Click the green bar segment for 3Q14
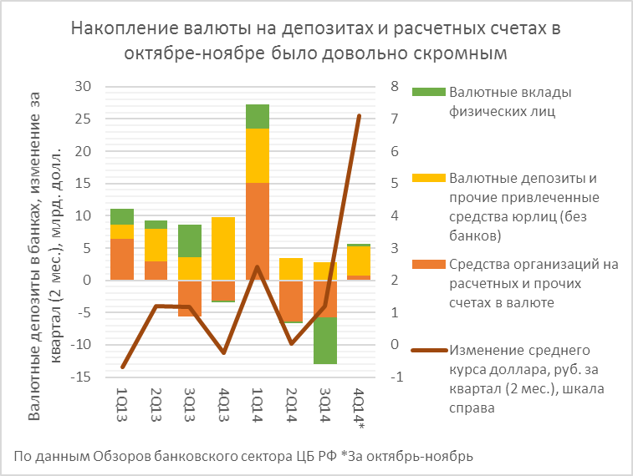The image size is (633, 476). tap(325, 341)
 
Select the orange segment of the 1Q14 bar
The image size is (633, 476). tap(257, 230)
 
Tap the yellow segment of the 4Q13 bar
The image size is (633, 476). tap(222, 248)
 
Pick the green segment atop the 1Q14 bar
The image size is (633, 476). tap(257, 116)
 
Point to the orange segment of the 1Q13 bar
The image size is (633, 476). tap(122, 259)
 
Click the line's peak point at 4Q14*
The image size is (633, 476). tap(359, 116)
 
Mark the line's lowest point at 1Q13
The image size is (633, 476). tap(122, 367)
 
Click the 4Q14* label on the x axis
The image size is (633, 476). tap(360, 409)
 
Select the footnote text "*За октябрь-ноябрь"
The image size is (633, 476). tap(410, 456)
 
